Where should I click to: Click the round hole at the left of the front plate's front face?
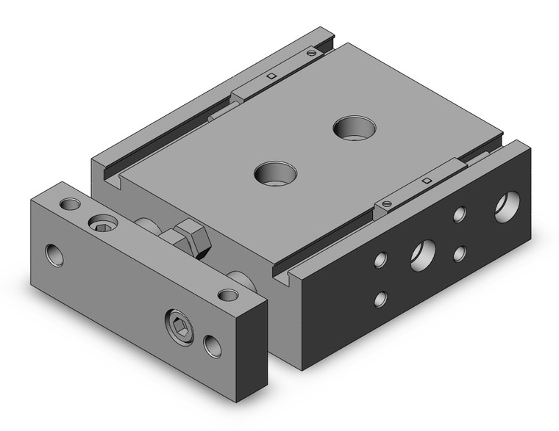point(54,256)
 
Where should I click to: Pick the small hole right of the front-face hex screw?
point(213,345)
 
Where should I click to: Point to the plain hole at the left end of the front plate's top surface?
point(70,203)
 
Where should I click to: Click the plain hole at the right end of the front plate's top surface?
point(228,295)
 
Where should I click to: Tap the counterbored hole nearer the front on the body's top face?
point(276,175)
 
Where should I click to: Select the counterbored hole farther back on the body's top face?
point(354,128)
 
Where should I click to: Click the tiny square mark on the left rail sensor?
point(271,75)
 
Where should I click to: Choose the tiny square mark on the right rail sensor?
point(426,179)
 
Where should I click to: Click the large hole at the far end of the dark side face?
point(507,206)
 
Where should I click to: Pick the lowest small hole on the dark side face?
point(380,299)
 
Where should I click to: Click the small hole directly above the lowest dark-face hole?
point(380,259)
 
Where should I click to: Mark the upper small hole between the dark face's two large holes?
point(460,214)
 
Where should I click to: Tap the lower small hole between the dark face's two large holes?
point(460,253)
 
